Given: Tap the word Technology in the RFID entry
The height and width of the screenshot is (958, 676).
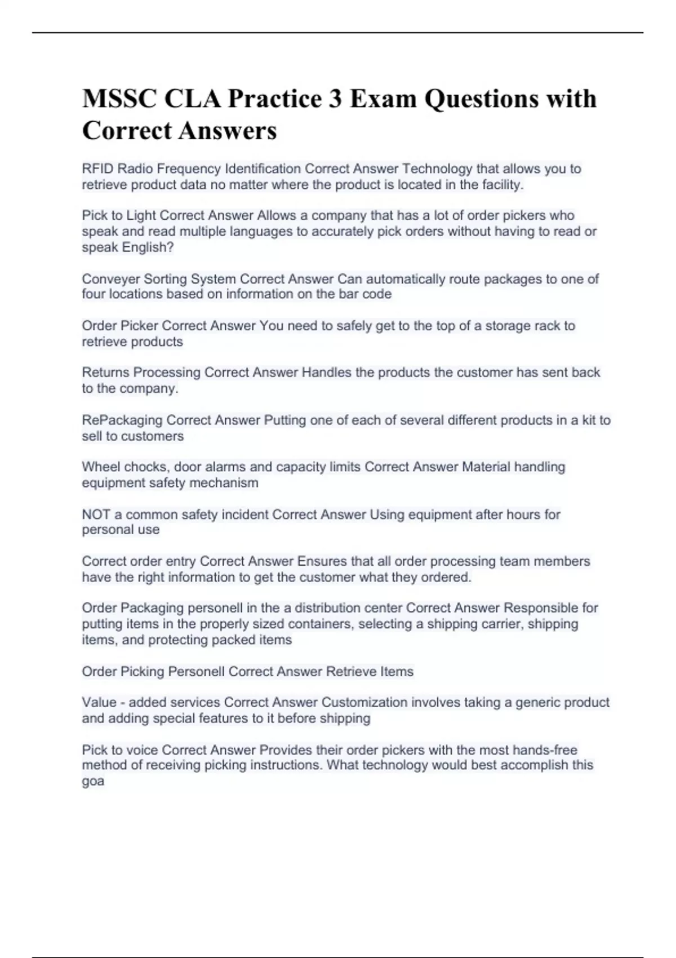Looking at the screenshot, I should (437, 168).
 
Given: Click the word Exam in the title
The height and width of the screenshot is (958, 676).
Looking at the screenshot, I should (383, 99).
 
